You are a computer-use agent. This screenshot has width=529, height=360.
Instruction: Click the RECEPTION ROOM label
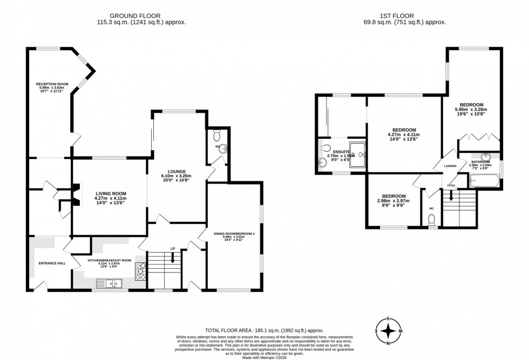[x=52, y=84]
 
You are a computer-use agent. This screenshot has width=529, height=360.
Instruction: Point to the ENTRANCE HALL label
[x=52, y=263]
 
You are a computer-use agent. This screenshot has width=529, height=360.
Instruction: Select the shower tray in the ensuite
[x=357, y=155]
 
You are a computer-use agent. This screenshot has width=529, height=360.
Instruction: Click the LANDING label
[x=450, y=166]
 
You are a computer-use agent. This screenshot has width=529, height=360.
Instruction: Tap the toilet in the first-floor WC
[x=431, y=219]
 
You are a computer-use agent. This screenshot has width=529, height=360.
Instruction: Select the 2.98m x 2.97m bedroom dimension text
[x=394, y=201]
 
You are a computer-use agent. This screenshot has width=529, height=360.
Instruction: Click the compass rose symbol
[x=388, y=330]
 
